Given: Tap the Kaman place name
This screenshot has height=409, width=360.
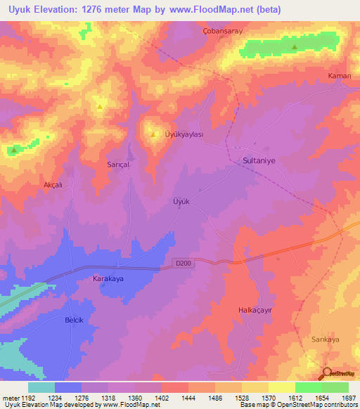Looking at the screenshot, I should pos(340,75).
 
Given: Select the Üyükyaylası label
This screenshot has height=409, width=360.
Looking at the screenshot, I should pos(184,134).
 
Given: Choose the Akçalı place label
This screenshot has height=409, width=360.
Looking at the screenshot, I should pos(53,185).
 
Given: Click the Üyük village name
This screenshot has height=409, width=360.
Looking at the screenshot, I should pos(181,200).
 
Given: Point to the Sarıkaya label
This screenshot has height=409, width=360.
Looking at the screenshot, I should pos(325,338).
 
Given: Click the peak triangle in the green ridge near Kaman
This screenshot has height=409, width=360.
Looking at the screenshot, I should pos(294,48).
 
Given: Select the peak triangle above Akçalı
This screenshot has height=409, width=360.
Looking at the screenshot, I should pos(13,149).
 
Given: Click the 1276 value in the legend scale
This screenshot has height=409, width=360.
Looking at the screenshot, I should pos(93,398).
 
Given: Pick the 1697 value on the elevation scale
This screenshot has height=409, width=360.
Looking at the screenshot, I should pos(348,398).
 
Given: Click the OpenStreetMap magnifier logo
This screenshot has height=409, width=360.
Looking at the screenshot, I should pos(327,375).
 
